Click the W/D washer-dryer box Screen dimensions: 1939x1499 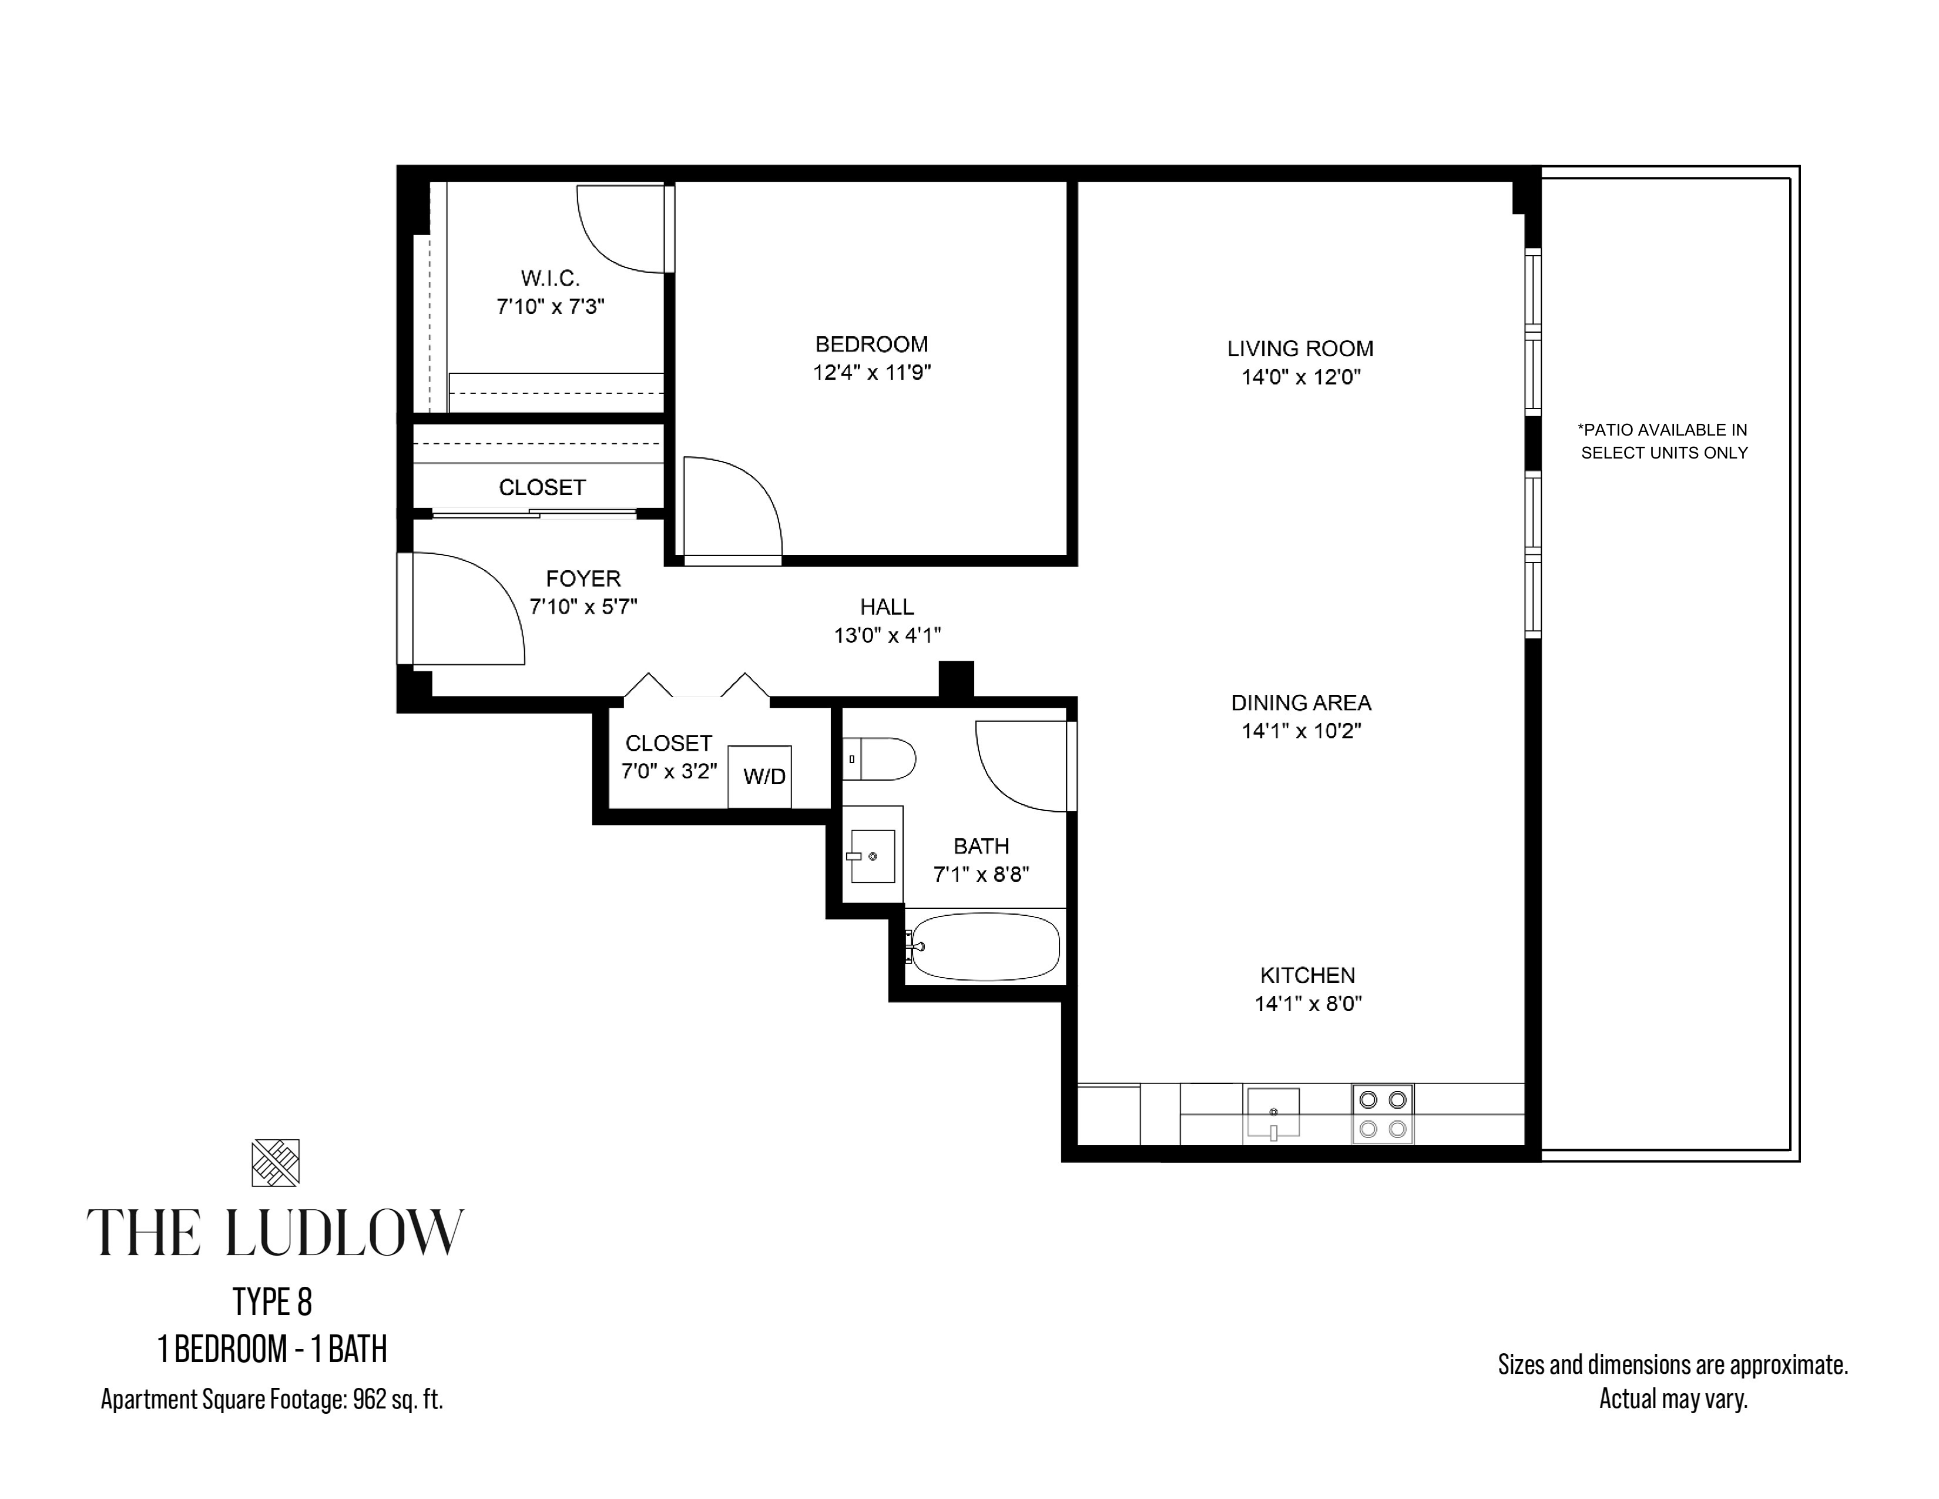759,776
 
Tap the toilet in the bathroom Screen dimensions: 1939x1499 878,758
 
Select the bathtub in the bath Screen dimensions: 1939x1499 985,946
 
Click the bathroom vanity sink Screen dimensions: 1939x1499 872,856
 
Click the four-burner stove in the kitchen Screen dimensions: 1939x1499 1383,1113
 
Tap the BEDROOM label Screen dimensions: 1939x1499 871,344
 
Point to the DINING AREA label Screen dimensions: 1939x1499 1301,702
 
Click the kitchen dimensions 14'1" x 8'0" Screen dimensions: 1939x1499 1308,1003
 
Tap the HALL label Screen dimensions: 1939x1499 886,607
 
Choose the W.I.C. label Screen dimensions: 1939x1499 551,278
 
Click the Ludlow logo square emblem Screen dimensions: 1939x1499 275,1162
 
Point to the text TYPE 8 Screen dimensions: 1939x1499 273,1302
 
